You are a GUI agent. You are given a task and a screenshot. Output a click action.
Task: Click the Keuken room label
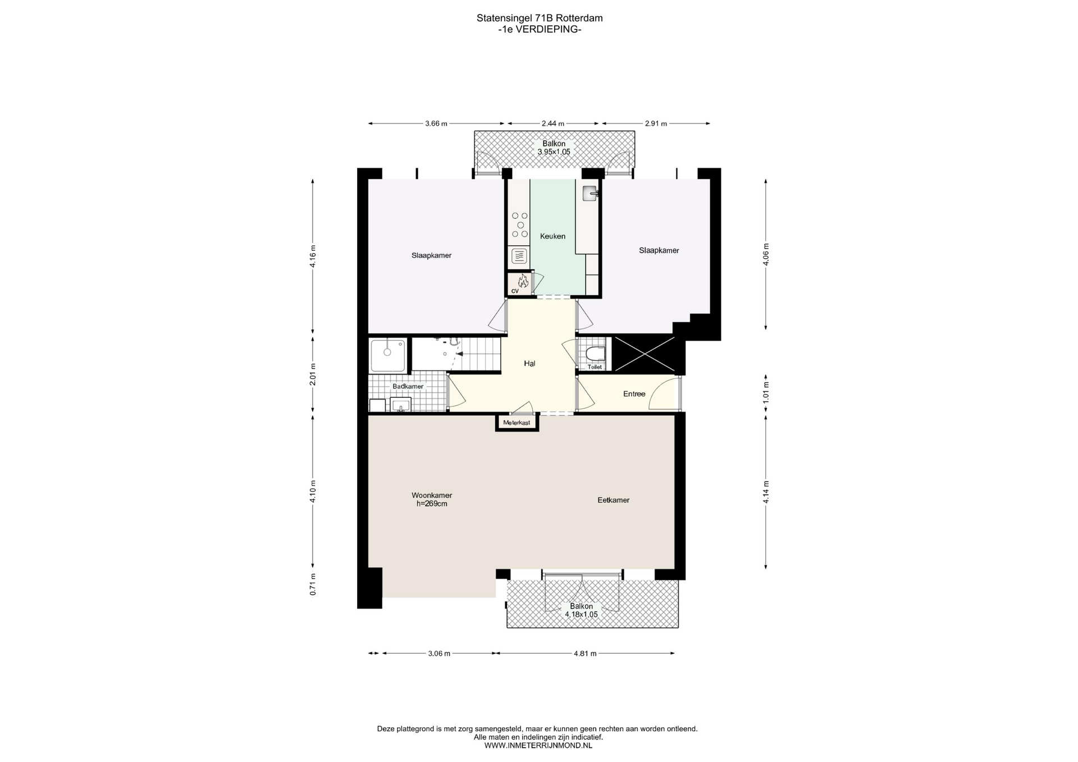coord(552,236)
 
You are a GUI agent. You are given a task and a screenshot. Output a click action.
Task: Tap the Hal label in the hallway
coord(529,364)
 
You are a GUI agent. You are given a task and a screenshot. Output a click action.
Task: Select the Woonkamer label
coord(432,495)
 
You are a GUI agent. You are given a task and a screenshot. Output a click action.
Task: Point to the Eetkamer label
coord(613,500)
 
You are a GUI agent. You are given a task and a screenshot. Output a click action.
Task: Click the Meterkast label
coord(517,423)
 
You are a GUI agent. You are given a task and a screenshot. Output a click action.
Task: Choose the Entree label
coord(634,394)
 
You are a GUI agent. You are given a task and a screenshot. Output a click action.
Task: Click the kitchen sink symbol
coord(591,193)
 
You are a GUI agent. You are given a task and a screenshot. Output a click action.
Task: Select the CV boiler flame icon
coord(522,281)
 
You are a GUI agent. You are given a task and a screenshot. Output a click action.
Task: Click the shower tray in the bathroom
coord(387,355)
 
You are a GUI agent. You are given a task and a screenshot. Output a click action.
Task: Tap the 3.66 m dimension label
coord(436,123)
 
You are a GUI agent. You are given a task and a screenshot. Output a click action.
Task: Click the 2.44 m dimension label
coord(553,123)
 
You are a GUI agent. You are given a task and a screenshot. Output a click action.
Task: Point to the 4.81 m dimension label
coord(585,653)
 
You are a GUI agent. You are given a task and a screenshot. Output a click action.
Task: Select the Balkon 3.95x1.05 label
coord(554,148)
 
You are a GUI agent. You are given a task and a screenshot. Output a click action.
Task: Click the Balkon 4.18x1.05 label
coord(581,610)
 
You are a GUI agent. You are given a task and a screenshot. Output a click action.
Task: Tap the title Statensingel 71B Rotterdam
coord(540,18)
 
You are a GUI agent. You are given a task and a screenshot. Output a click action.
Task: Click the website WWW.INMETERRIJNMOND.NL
coord(538,746)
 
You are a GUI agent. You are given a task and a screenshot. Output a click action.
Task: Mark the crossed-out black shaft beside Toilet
coord(643,354)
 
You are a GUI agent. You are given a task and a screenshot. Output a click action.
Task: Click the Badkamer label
coord(408,387)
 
